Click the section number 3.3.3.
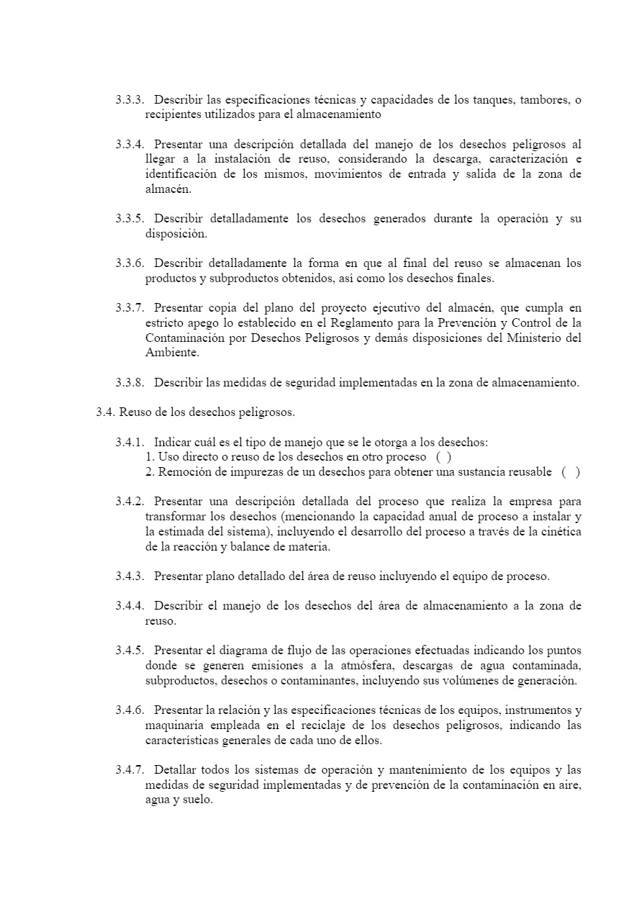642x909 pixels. tap(130, 99)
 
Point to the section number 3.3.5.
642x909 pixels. tap(130, 219)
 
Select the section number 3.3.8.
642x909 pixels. tap(130, 383)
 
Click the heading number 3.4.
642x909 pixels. tap(105, 412)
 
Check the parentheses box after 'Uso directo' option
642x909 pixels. tap(444, 457)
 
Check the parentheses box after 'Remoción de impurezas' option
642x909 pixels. tap(570, 472)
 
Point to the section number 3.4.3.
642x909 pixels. tap(130, 576)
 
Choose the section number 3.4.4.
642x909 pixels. tap(130, 606)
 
